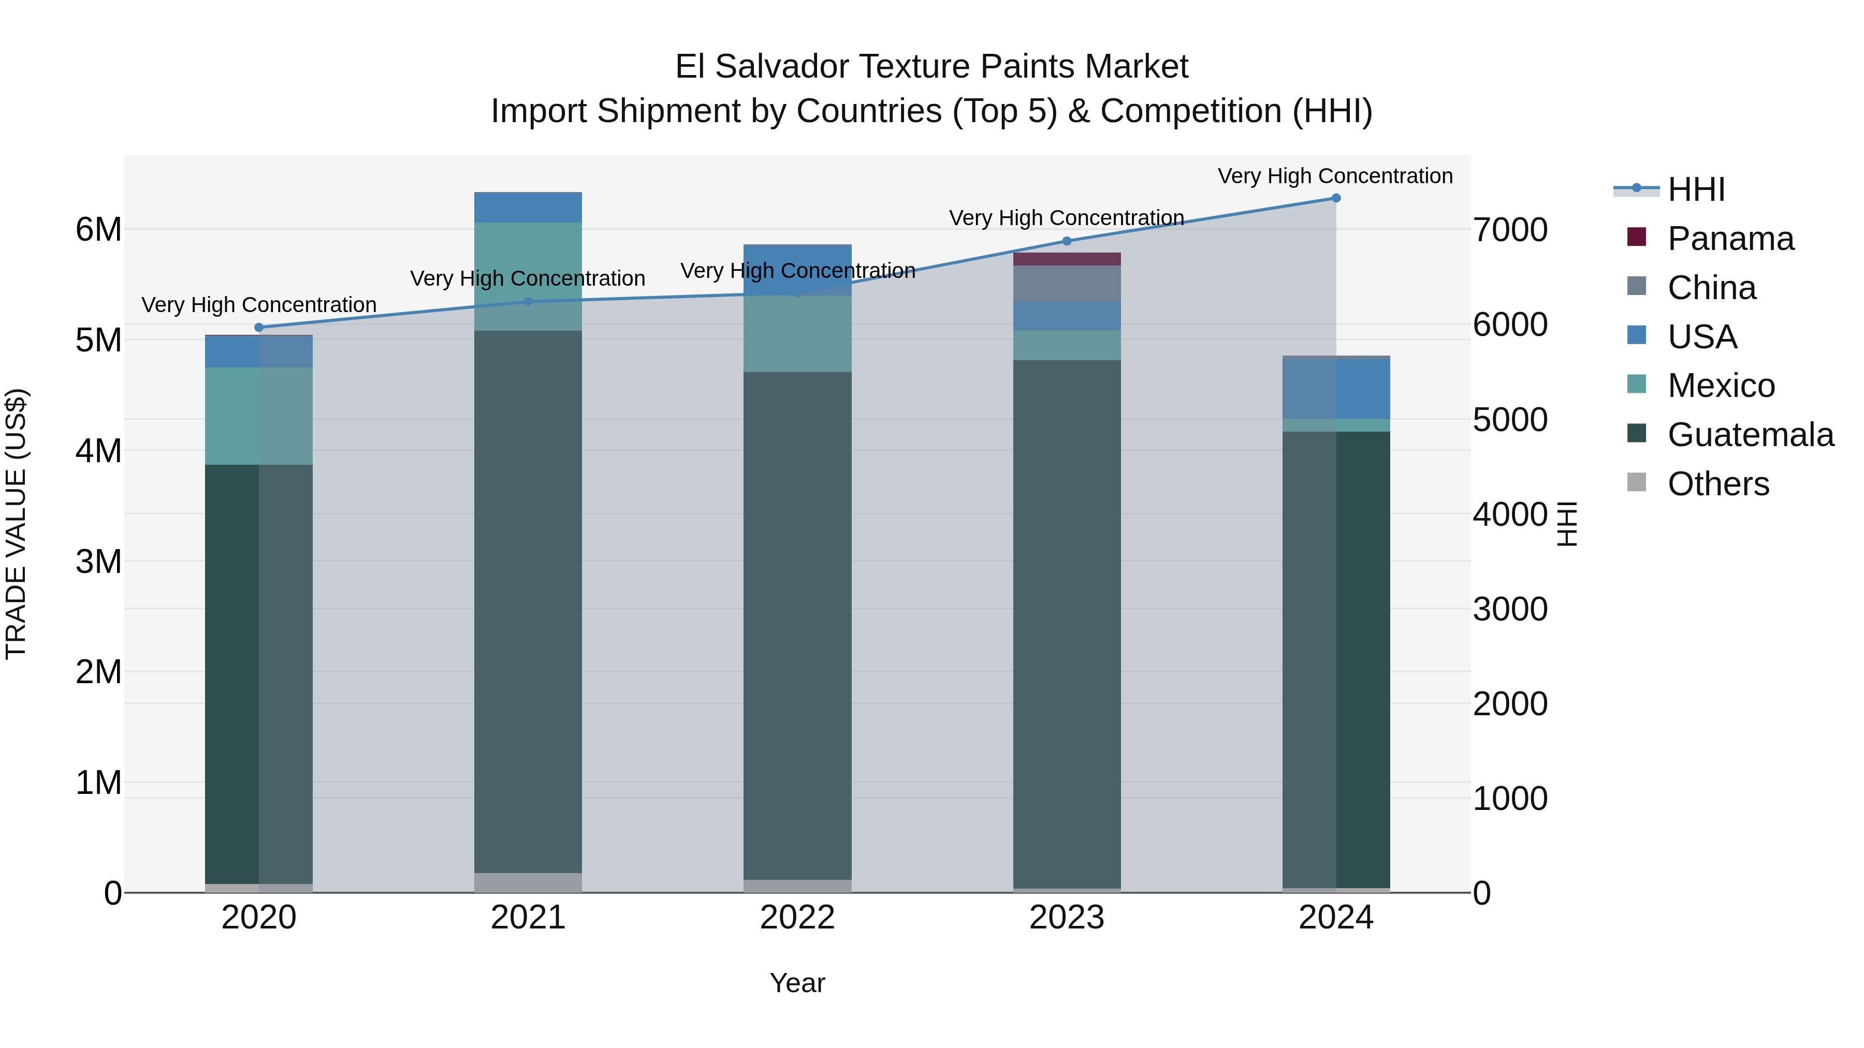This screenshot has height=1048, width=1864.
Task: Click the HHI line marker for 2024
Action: pos(1336,198)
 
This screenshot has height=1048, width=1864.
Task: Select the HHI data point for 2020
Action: pos(259,328)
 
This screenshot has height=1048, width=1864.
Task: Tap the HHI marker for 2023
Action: pos(1067,241)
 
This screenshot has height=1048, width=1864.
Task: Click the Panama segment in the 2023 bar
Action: pos(1067,259)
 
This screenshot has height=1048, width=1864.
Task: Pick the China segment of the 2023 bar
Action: pos(1067,284)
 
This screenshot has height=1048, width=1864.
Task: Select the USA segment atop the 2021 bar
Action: pos(528,208)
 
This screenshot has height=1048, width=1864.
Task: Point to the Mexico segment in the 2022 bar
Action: pos(797,333)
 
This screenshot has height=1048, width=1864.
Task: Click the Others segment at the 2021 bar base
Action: pos(528,882)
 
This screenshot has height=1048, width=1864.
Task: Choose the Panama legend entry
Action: pos(1730,239)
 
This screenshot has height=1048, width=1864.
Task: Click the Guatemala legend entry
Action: pos(1750,435)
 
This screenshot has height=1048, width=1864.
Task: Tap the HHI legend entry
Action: pos(1695,189)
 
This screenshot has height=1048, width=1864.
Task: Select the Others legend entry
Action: pos(1718,484)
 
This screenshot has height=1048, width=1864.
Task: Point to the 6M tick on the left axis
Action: pos(98,230)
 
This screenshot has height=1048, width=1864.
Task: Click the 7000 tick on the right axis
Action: pos(1510,230)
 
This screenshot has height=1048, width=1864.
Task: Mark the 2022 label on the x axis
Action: pos(797,918)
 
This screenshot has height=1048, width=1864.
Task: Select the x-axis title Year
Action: pos(797,983)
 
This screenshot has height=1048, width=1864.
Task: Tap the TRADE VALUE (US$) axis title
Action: pos(16,524)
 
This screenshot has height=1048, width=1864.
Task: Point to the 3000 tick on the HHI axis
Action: pos(1510,609)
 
